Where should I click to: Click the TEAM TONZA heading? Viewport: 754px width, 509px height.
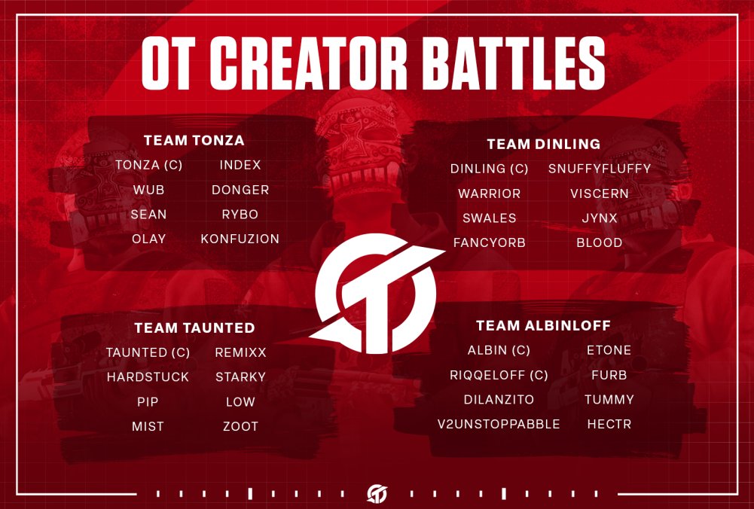pyautogui.click(x=194, y=141)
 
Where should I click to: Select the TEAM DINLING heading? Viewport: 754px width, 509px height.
pyautogui.click(x=543, y=144)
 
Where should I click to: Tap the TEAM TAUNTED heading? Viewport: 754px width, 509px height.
pyautogui.click(x=194, y=328)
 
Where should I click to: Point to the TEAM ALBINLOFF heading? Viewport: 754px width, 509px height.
pyautogui.click(x=543, y=326)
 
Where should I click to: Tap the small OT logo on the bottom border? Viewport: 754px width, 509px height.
pyautogui.click(x=377, y=493)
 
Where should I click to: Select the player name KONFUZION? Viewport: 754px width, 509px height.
pyautogui.click(x=240, y=239)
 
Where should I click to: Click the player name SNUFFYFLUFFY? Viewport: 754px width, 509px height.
pyautogui.click(x=599, y=169)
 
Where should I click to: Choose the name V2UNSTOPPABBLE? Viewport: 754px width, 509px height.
pyautogui.click(x=499, y=424)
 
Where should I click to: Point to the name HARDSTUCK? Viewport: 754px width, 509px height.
pyautogui.click(x=148, y=376)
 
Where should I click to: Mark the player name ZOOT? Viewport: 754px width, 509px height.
pyautogui.click(x=240, y=426)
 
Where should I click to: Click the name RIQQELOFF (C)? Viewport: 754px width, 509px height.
pyautogui.click(x=499, y=375)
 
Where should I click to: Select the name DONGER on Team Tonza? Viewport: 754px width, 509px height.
pyautogui.click(x=240, y=190)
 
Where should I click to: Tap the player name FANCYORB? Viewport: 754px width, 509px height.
pyautogui.click(x=489, y=242)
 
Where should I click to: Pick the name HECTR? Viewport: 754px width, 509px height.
pyautogui.click(x=609, y=424)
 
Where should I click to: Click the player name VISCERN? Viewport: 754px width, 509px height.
pyautogui.click(x=599, y=194)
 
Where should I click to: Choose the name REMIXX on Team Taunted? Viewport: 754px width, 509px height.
pyautogui.click(x=240, y=352)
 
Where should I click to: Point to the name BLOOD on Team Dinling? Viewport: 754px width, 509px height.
pyautogui.click(x=599, y=242)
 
